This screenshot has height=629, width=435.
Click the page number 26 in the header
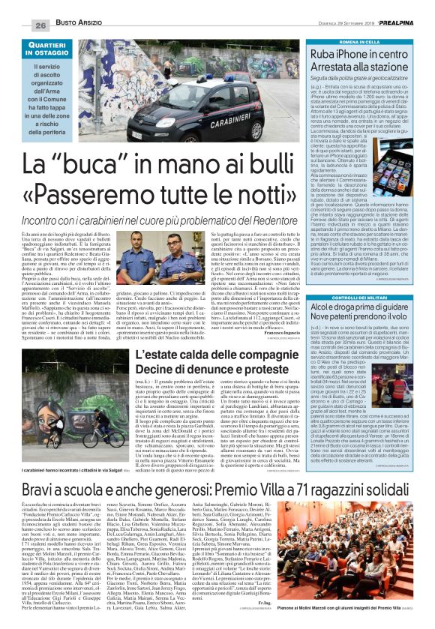pyautogui.click(x=21, y=7)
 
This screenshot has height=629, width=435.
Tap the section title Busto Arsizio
pyautogui.click(x=75, y=7)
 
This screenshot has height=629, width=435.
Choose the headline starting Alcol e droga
pyautogui.click(x=362, y=311)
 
